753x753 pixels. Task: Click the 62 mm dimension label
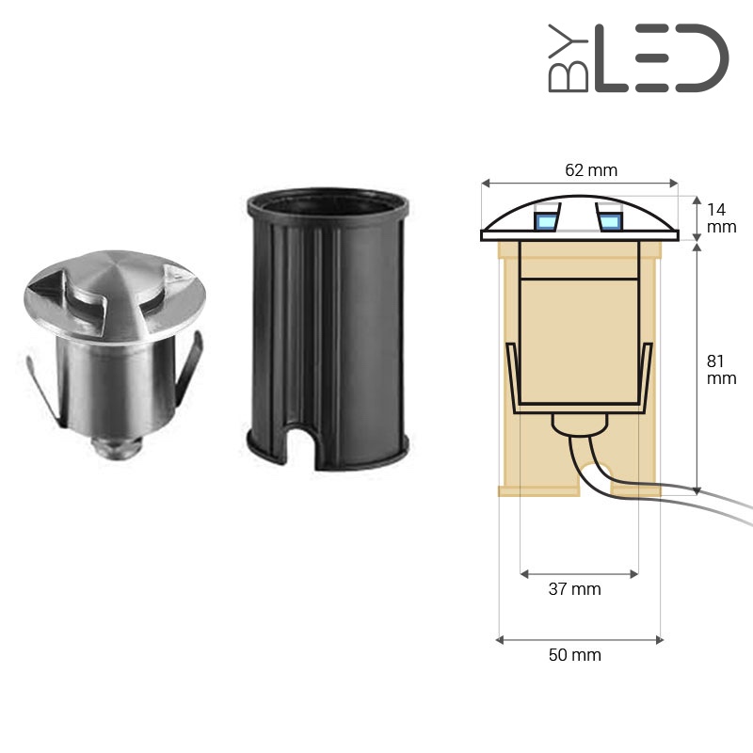[x=591, y=170]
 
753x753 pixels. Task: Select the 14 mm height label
[x=721, y=218]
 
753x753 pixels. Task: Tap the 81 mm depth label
[x=721, y=369]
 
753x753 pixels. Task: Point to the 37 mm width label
[x=574, y=589]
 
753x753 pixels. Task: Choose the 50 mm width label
[x=574, y=655]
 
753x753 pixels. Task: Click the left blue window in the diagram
[x=546, y=221]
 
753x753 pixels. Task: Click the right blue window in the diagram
[x=610, y=221]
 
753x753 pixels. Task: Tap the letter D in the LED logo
[x=702, y=58]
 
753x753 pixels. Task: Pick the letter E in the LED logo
[x=652, y=58]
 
